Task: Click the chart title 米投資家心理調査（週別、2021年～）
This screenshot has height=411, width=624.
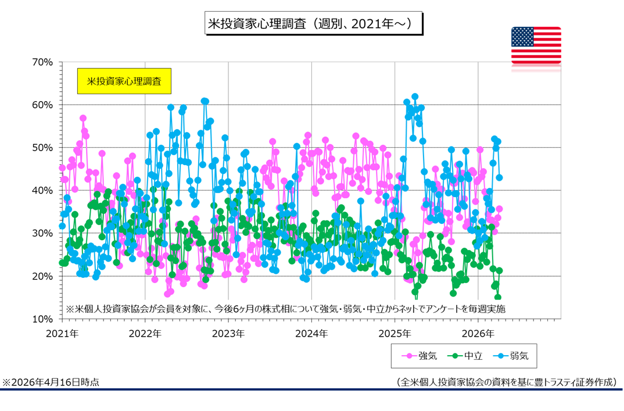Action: [313, 24]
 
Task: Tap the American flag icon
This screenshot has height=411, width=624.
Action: [536, 45]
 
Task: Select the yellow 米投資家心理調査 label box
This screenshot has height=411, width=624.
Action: [124, 80]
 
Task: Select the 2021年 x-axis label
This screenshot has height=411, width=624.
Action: [62, 334]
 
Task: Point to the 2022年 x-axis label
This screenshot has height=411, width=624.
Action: [145, 334]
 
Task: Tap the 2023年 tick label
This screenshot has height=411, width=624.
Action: [228, 334]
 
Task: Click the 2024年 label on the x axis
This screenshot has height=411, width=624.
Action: [312, 334]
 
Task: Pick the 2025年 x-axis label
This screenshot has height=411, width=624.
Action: [395, 334]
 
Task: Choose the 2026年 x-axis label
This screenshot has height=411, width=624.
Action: [478, 334]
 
